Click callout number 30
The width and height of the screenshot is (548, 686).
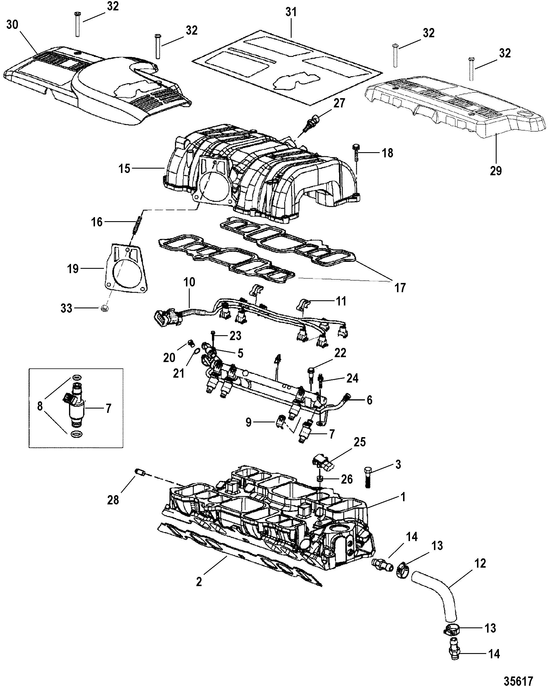(x=12, y=25)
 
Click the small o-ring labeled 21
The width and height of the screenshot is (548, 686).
(x=197, y=351)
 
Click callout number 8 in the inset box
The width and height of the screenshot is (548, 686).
(x=40, y=406)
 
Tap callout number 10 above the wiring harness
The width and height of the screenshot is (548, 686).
(x=190, y=283)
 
